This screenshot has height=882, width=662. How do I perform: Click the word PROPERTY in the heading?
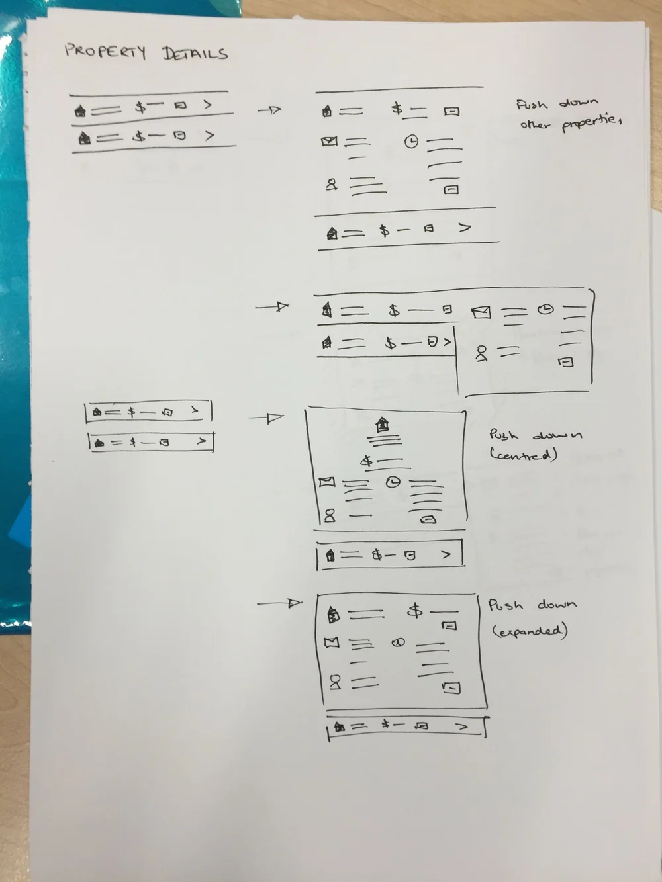point(105,51)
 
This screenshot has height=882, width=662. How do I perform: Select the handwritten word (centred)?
point(524,455)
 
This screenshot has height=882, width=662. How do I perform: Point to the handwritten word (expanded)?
point(530,631)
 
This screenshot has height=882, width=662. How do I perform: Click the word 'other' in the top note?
point(535,124)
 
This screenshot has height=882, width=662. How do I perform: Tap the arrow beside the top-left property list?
point(269,110)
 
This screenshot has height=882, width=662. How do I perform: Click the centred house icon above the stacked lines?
point(382,423)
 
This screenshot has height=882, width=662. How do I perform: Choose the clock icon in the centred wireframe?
point(393,482)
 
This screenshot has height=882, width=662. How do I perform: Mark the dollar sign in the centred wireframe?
point(366,461)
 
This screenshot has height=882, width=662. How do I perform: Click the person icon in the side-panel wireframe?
point(481,354)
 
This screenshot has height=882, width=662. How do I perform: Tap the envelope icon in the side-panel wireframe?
point(481,312)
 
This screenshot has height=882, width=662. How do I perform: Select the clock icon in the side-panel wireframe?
point(545,308)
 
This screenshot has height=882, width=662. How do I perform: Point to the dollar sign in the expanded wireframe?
point(415,610)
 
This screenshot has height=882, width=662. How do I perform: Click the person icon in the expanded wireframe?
point(335,682)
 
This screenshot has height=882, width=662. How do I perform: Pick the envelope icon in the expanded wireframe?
point(332,642)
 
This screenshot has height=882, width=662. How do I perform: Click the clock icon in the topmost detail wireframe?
point(412,141)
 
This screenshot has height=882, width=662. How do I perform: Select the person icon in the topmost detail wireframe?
point(331,184)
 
